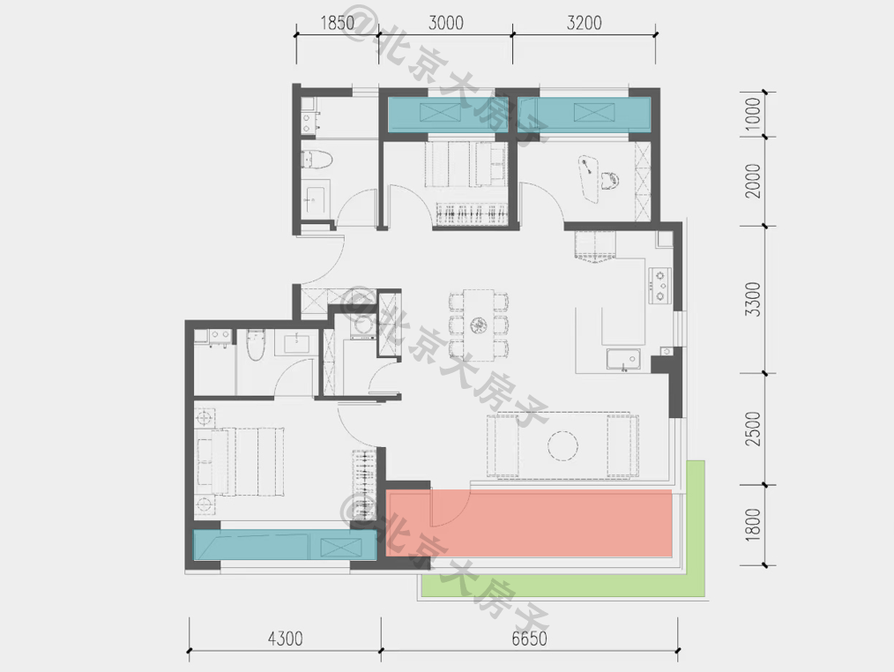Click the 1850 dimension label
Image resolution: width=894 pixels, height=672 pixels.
pyautogui.click(x=337, y=23)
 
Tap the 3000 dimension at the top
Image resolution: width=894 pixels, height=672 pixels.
pyautogui.click(x=445, y=23)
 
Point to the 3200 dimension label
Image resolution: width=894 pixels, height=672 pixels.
pyautogui.click(x=585, y=23)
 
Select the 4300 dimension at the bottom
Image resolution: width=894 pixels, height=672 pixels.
pyautogui.click(x=285, y=638)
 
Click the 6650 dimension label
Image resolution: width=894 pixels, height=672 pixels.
pyautogui.click(x=529, y=638)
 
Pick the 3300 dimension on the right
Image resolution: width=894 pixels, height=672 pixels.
pyautogui.click(x=753, y=299)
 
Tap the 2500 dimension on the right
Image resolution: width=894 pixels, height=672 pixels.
pyautogui.click(x=753, y=429)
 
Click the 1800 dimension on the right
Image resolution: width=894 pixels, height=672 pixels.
pyautogui.click(x=753, y=524)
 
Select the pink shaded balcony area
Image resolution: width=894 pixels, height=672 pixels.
pyautogui.click(x=529, y=523)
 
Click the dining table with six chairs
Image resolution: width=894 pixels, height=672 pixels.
pyautogui.click(x=479, y=325)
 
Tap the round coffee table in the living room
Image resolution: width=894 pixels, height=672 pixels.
pyautogui.click(x=562, y=444)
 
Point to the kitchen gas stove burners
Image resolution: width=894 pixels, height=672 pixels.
pyautogui.click(x=659, y=285)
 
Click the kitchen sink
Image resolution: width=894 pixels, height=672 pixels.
pyautogui.click(x=623, y=360)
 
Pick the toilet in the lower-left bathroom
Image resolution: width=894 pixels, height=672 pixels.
pyautogui.click(x=256, y=344)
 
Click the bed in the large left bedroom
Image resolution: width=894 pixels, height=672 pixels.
pyautogui.click(x=240, y=462)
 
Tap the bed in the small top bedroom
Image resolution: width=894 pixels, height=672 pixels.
pyautogui.click(x=466, y=164)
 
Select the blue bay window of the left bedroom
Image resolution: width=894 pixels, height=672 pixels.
pyautogui.click(x=285, y=545)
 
